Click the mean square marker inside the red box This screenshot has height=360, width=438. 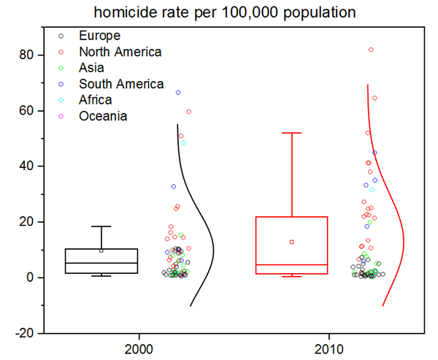[x=292, y=242]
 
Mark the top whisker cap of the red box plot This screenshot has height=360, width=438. [x=292, y=133]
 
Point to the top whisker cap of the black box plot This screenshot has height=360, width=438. [x=101, y=226]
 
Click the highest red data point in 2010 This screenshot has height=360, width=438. [x=371, y=50]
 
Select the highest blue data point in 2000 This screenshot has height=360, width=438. [x=178, y=93]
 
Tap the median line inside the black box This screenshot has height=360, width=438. [x=101, y=263]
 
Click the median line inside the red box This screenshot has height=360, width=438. [x=292, y=264]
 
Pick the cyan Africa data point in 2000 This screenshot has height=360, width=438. [x=183, y=143]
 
